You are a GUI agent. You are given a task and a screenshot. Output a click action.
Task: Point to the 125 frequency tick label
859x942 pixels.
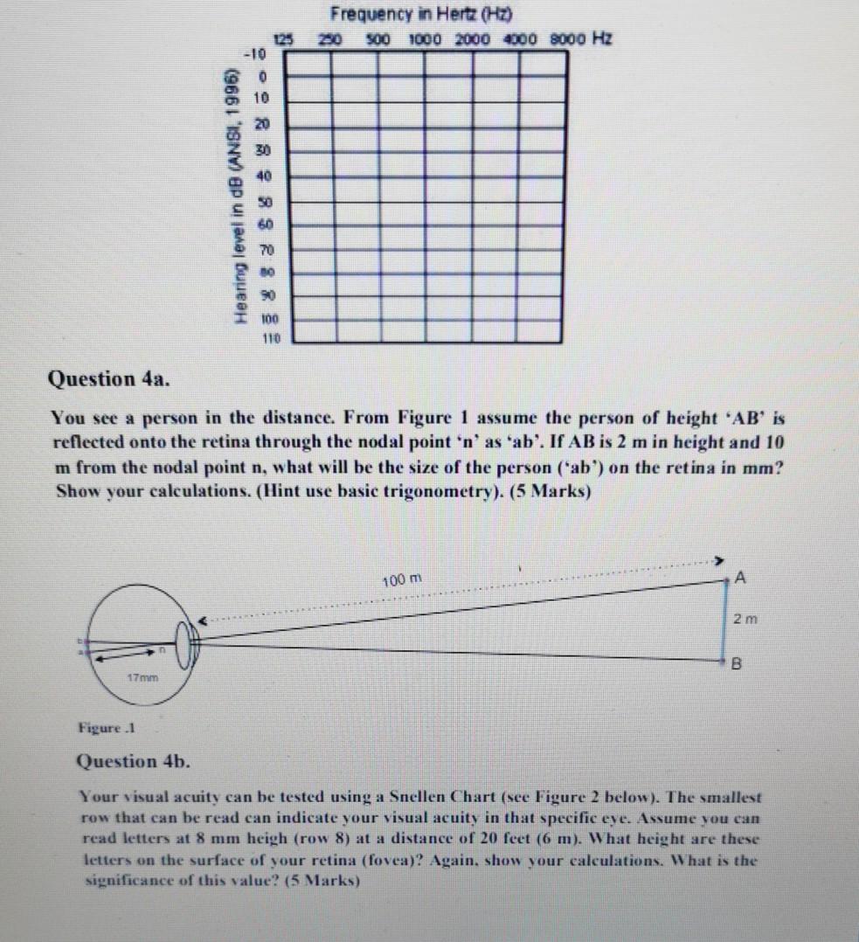coord(282,39)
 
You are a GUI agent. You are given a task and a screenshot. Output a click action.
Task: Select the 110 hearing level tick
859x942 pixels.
coord(261,335)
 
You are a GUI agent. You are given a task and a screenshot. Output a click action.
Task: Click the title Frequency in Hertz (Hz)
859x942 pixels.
coord(421,14)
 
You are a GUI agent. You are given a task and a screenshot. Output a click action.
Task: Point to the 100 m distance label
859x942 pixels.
coord(402,580)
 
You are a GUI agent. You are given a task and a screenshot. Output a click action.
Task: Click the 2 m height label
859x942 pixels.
coord(746,620)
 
